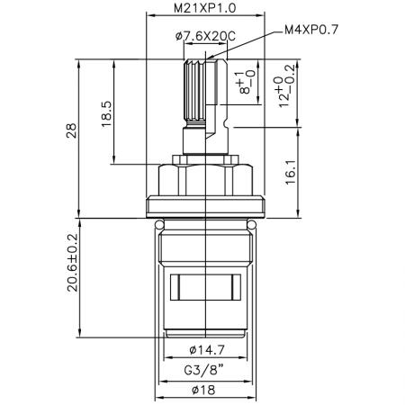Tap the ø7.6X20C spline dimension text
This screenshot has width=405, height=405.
[x=204, y=36]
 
